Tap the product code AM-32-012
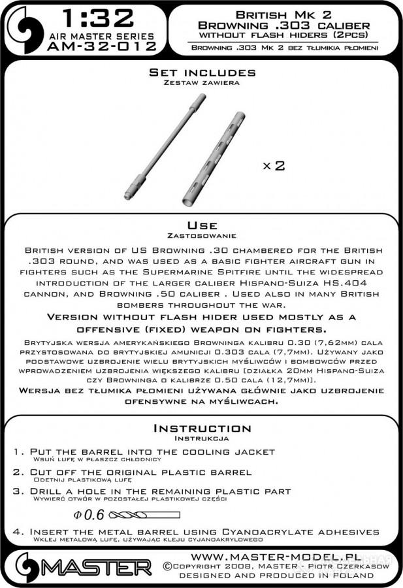[107, 47]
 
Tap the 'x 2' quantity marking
[274, 166]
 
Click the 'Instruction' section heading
[201, 429]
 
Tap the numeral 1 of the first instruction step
[16, 452]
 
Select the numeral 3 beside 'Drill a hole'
[16, 491]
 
